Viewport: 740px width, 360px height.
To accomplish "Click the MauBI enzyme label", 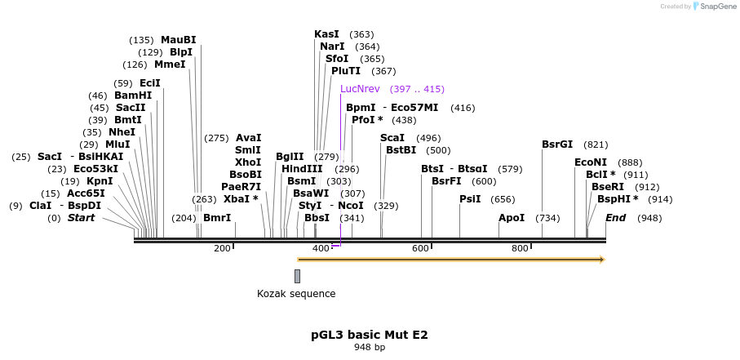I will pos(178,40).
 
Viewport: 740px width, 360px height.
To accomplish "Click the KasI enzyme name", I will pos(326,34).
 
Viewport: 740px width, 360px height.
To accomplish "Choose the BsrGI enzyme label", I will pos(557,144).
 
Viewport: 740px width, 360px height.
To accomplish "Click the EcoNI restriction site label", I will pos(591,162).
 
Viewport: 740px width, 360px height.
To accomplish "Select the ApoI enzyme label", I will pos(512,218).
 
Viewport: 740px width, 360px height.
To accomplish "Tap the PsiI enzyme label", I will pos(470,199).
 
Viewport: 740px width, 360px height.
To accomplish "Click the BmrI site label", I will pos(217,218).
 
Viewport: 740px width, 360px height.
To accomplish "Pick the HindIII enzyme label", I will pos(302,169).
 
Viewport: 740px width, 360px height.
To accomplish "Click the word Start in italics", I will pos(81,218).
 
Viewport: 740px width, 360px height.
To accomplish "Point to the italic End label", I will pos(616,218).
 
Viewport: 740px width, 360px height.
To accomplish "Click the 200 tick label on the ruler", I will pos(222,249).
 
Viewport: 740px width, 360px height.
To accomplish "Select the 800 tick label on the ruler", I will pos(520,249).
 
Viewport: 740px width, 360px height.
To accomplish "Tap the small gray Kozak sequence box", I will pos(297,276).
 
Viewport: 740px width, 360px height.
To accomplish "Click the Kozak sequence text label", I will pos(296,294).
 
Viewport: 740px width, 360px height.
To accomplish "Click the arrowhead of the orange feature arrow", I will pos(602,260).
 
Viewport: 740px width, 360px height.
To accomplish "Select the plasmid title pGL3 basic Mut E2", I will pos(369,335).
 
